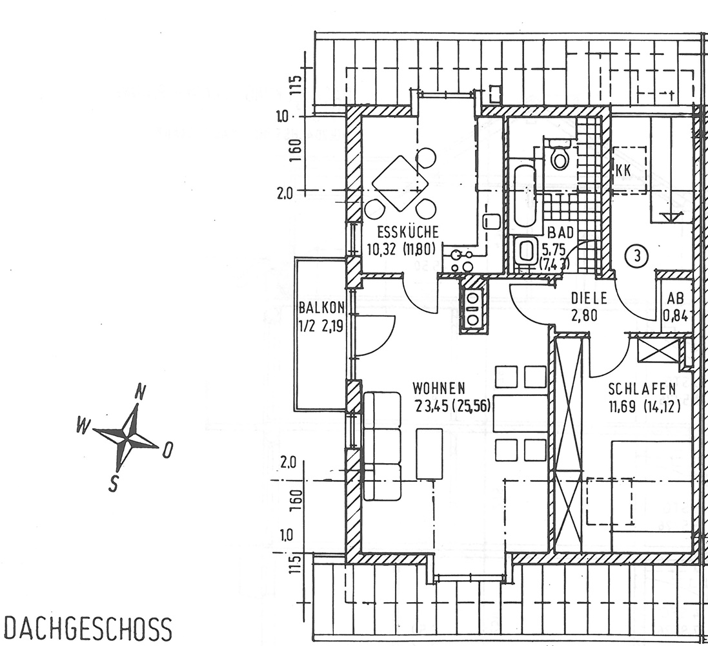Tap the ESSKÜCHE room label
(408, 232)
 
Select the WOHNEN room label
(439, 388)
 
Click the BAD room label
(560, 233)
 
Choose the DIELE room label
(589, 298)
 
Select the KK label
(623, 171)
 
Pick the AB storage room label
(675, 299)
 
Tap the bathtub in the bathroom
(525, 194)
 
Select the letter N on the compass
(140, 391)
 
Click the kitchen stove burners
(462, 260)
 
